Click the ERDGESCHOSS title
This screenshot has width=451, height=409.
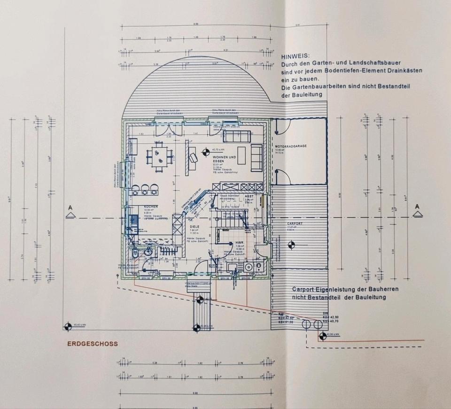(93, 344)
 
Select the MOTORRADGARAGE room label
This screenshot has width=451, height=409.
(291, 146)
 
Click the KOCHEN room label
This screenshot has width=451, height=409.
(138, 207)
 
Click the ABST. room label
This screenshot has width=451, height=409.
(249, 197)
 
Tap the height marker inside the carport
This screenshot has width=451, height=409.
(291, 244)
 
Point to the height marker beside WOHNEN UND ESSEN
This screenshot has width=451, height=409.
(205, 151)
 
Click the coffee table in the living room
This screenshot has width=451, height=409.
(241, 155)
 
